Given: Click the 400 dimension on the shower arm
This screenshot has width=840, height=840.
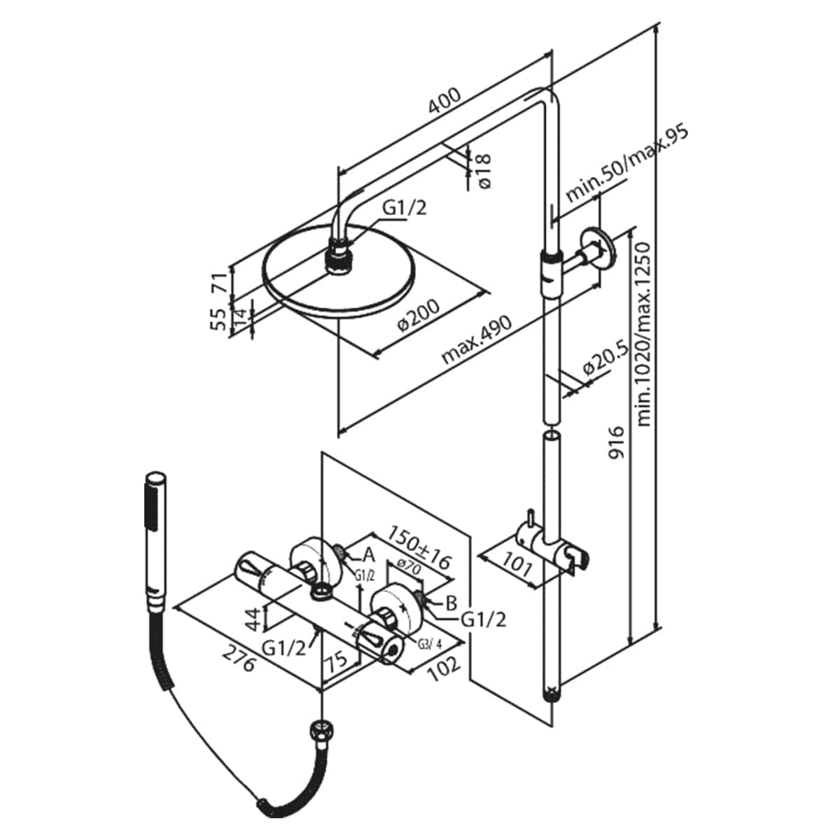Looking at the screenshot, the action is [444, 101].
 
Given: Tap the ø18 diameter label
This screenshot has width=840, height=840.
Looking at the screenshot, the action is [484, 171].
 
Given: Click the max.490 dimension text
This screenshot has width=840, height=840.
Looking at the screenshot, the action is [477, 340].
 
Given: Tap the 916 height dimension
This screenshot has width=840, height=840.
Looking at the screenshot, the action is [616, 443].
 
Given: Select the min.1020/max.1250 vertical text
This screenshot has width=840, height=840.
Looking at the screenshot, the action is [643, 334].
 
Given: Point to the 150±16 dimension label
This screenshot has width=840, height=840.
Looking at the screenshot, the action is [418, 548].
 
